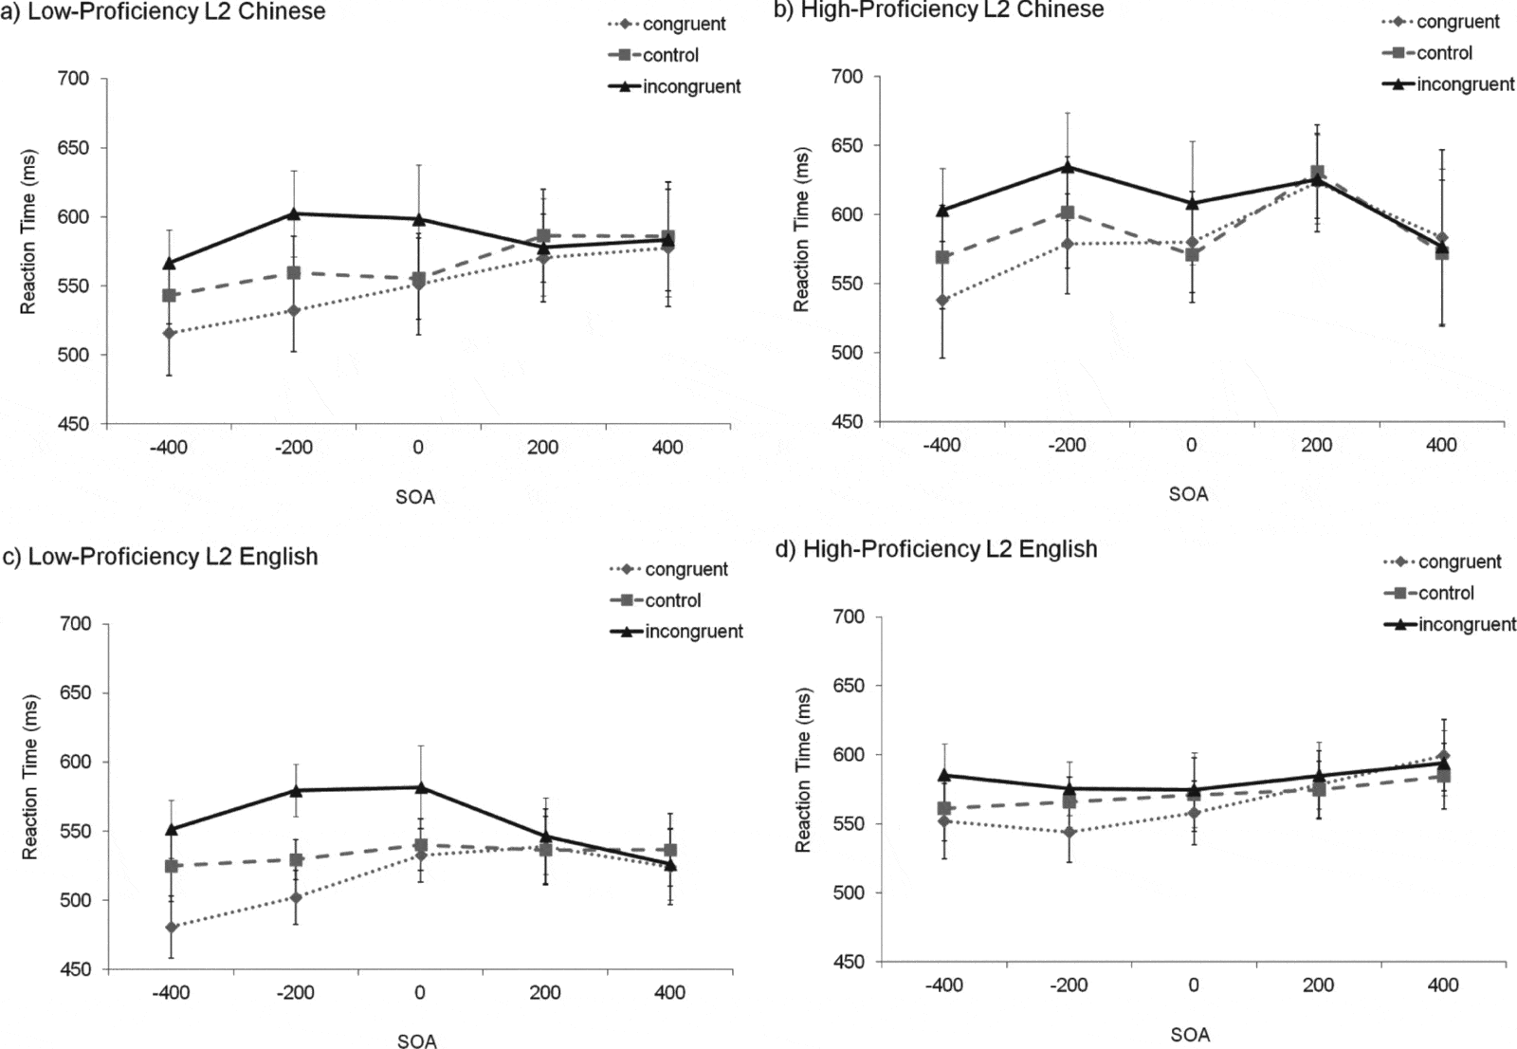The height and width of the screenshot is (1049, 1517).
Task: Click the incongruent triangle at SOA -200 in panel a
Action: tap(294, 213)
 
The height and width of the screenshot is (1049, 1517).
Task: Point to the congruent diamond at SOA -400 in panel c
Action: tap(171, 927)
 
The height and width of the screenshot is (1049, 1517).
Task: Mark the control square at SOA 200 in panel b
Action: tap(1317, 174)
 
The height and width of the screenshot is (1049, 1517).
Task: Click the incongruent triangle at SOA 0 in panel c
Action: tap(420, 786)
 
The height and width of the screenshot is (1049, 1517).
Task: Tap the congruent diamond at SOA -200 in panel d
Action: tap(1069, 833)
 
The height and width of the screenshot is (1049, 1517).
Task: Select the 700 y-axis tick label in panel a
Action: tap(74, 79)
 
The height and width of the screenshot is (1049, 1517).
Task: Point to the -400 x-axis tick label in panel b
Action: tap(941, 445)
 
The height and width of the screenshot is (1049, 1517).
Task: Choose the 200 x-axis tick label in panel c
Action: tap(545, 993)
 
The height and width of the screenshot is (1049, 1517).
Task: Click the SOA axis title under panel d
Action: tap(1189, 1035)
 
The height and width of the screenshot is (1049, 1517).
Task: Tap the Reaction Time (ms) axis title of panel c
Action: tap(30, 778)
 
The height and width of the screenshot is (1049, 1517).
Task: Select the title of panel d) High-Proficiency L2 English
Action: tap(949, 549)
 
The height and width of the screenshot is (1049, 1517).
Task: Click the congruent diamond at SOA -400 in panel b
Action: tap(942, 301)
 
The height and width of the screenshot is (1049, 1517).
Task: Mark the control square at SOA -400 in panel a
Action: tap(169, 296)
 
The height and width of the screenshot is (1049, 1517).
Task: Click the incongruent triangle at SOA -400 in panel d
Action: tap(943, 775)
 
